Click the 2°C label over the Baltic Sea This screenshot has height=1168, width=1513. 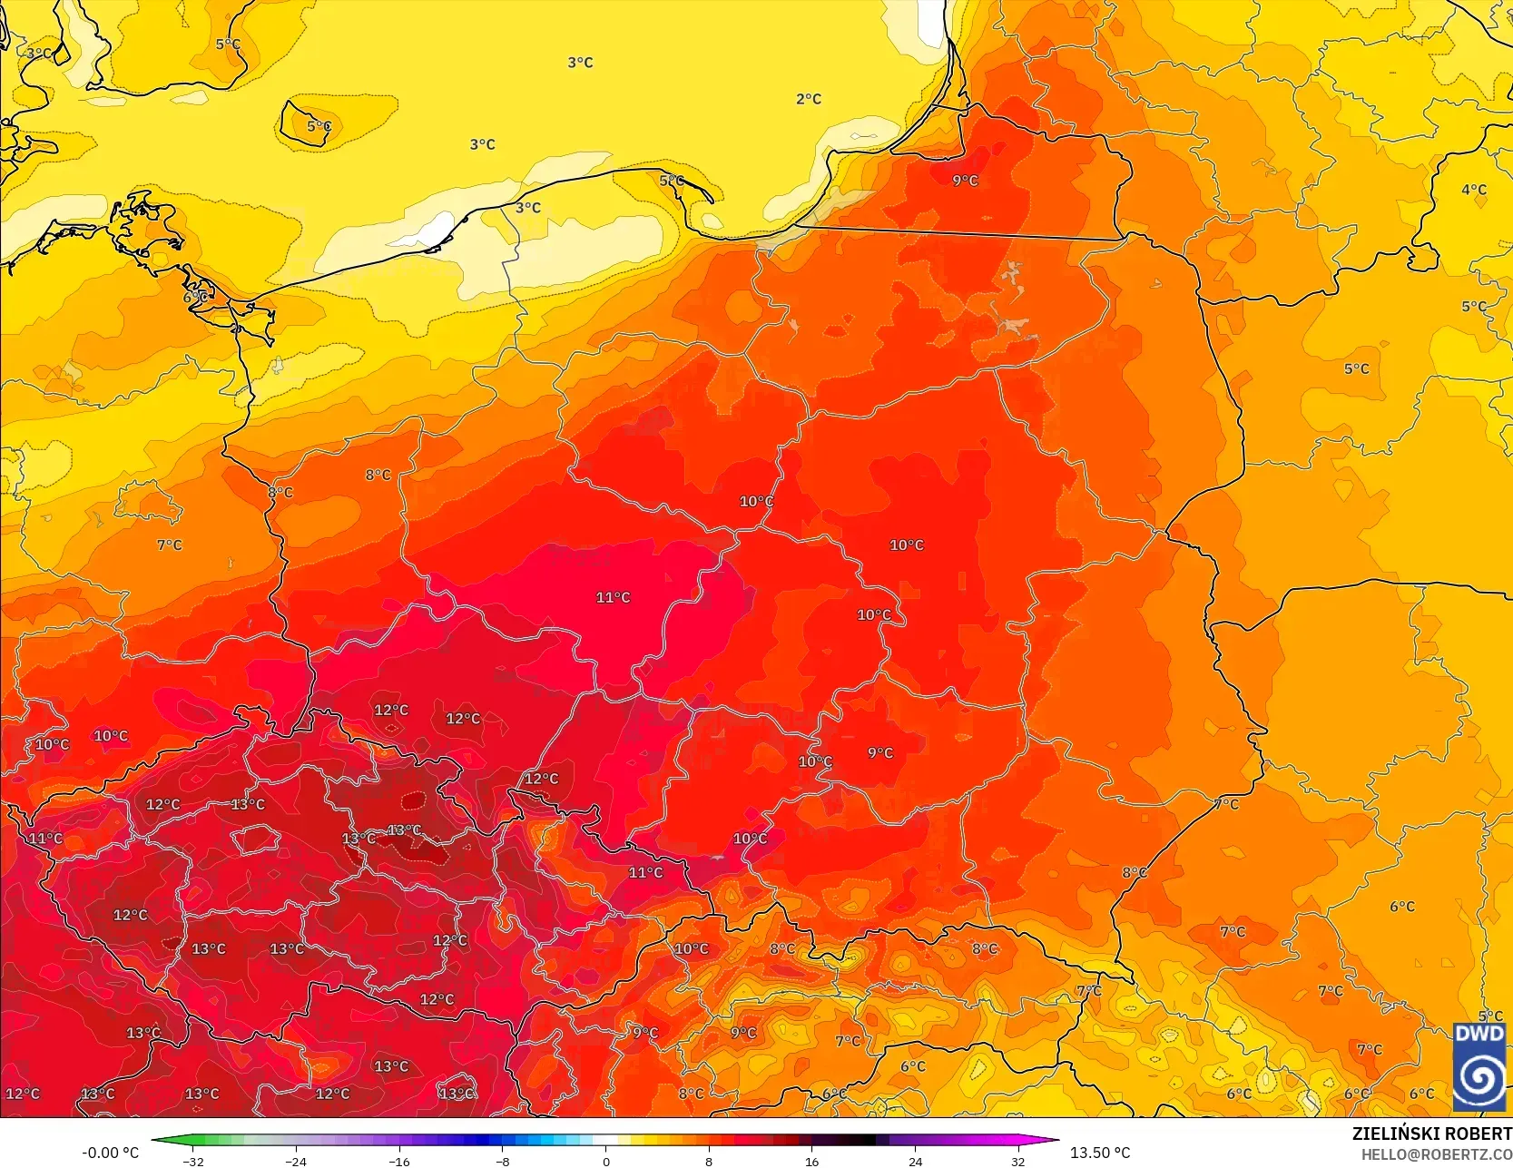pos(808,99)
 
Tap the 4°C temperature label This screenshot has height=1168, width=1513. pos(1473,190)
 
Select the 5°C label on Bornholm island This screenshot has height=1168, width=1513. pos(319,126)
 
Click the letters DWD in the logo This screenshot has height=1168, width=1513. pos(1479,1034)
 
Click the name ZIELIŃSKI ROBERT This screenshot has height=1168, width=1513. pos(1431,1134)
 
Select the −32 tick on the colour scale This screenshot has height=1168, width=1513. pos(192,1162)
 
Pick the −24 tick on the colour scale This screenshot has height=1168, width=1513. pos(296,1162)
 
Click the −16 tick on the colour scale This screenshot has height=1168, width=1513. pos(399,1162)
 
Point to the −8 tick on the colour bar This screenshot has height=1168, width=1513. pos(502,1162)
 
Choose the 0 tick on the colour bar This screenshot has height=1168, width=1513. pos(605,1162)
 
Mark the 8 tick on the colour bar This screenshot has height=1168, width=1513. pos(709,1162)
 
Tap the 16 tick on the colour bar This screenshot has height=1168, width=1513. pos(811,1162)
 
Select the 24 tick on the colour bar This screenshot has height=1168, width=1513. pos(915,1162)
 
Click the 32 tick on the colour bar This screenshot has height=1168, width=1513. pos(1017,1162)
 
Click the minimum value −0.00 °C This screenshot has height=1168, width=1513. pos(111,1153)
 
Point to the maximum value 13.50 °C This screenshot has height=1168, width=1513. pos(1100,1153)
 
